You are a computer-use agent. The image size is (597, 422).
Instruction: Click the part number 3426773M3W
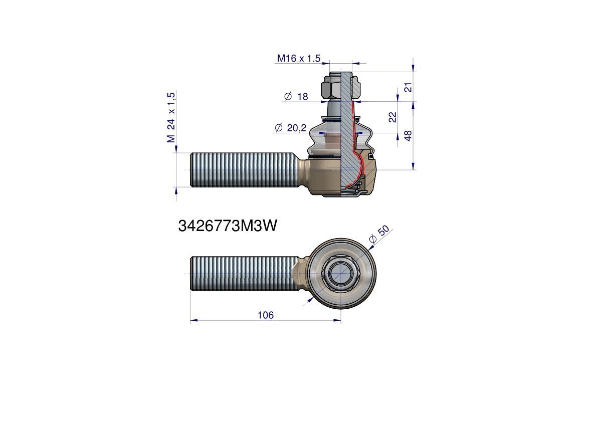click(227, 226)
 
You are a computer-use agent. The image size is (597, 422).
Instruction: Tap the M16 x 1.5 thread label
click(299, 58)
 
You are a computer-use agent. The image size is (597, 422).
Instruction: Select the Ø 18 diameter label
click(296, 97)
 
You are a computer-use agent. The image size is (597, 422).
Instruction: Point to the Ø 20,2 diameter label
click(291, 128)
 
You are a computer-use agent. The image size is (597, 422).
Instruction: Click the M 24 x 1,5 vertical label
click(171, 117)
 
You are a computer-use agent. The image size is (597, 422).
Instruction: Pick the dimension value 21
click(408, 87)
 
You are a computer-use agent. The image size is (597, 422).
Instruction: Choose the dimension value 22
click(392, 117)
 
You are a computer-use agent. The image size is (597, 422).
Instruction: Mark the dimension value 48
click(408, 135)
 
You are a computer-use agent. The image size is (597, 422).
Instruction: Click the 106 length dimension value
click(265, 315)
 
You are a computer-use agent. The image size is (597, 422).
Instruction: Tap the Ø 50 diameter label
click(379, 235)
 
